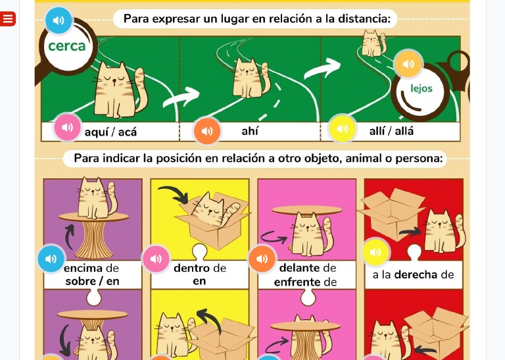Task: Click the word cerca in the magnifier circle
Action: click(67, 46)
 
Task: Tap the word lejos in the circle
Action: click(421, 88)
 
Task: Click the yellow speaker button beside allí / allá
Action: click(343, 129)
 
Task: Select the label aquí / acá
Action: click(110, 132)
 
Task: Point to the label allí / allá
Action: click(392, 131)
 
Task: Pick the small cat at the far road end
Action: click(372, 43)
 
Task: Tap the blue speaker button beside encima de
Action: click(51, 259)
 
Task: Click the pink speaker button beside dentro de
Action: click(156, 259)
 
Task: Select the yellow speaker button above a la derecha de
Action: click(375, 251)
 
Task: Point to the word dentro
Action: click(191, 268)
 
